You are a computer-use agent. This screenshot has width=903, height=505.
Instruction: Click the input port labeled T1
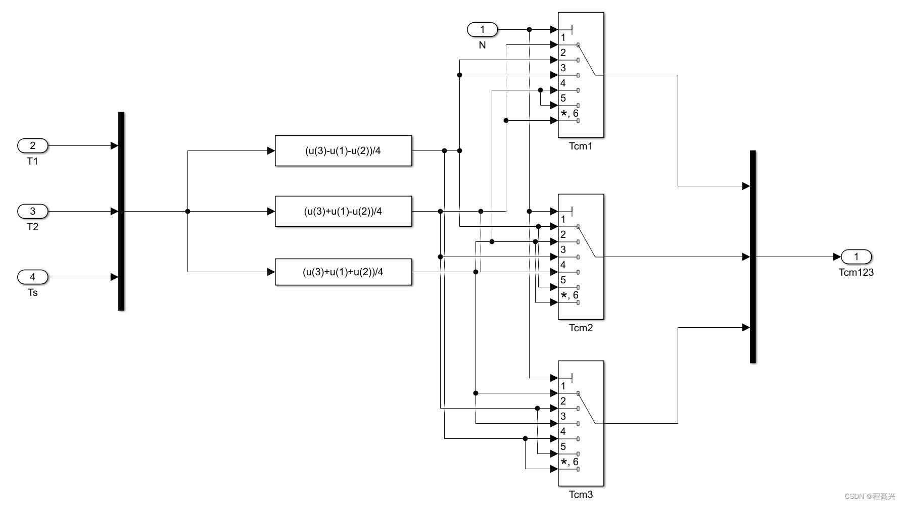pos(33,146)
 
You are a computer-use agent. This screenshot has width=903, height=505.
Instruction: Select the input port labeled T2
pos(33,211)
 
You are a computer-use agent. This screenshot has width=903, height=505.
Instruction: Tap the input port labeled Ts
pos(33,277)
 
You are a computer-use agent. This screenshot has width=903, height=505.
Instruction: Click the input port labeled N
pos(482,30)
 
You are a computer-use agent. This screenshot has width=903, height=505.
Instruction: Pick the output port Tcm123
pos(856,257)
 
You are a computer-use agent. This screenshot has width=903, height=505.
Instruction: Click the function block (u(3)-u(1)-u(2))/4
pos(343,150)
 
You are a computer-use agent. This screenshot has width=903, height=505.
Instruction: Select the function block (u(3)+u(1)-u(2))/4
pos(343,211)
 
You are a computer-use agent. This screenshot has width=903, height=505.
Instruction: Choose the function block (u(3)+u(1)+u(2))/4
pos(343,272)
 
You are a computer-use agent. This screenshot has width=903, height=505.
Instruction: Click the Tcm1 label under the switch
pos(581,146)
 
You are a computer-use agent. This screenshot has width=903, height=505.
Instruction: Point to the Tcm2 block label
pos(581,328)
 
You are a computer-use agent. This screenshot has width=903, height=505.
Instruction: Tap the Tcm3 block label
pos(581,495)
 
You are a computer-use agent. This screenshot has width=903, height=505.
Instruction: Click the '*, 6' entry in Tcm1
pos(569,114)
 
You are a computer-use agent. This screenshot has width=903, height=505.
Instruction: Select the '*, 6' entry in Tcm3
pos(569,462)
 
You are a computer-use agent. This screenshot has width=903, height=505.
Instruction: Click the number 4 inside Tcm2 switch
pos(563,265)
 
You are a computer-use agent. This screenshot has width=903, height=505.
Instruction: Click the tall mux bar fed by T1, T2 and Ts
pos(121,211)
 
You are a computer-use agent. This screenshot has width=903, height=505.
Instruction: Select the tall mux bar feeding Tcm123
pos(753,257)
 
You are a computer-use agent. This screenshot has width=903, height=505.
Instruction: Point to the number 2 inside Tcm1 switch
pos(563,53)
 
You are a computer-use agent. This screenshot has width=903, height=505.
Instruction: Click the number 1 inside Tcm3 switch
pos(563,386)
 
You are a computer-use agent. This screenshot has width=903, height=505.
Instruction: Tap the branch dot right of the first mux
pos(188,211)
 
